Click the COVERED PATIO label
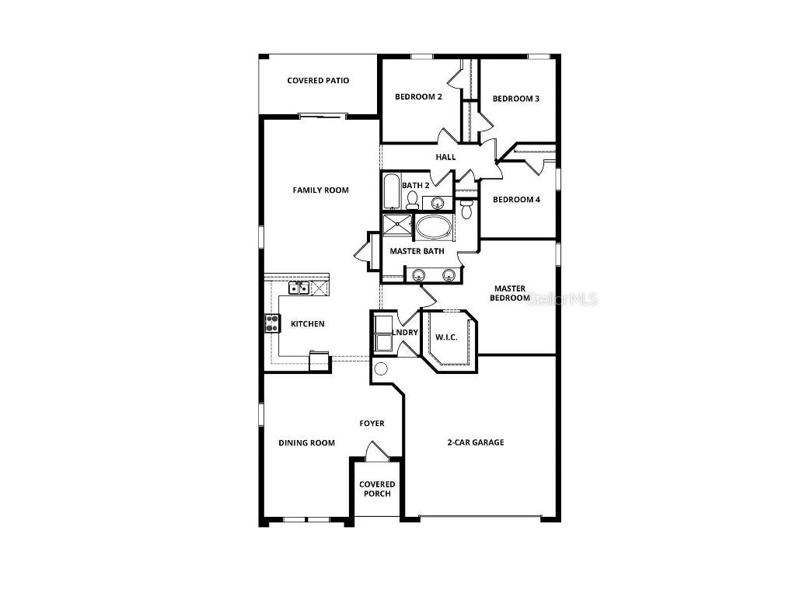pyautogui.click(x=318, y=81)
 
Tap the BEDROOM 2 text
pyautogui.click(x=418, y=97)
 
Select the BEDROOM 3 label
pyautogui.click(x=515, y=99)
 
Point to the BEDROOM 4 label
pyautogui.click(x=516, y=200)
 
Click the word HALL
pyautogui.click(x=445, y=157)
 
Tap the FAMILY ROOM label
pyautogui.click(x=320, y=190)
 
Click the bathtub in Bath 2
pyautogui.click(x=391, y=192)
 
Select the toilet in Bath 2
pyautogui.click(x=412, y=201)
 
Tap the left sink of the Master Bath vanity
pyautogui.click(x=419, y=274)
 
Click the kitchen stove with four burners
pyautogui.click(x=273, y=323)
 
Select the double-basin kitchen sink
pyautogui.click(x=299, y=289)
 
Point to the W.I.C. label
pyautogui.click(x=445, y=337)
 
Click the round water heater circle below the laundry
pyautogui.click(x=381, y=369)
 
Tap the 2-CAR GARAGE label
pyautogui.click(x=475, y=442)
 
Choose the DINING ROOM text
pyautogui.click(x=307, y=443)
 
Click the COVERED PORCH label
pyautogui.click(x=377, y=489)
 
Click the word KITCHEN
pyautogui.click(x=308, y=324)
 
